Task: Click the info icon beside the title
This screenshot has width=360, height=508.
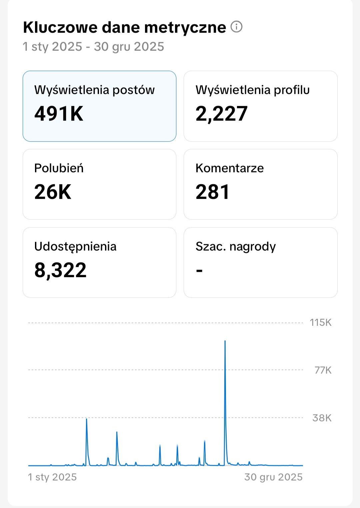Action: coord(236,27)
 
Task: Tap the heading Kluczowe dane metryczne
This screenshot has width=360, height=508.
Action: coord(124,27)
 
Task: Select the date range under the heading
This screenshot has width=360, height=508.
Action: coord(93,47)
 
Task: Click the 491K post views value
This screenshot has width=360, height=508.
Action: coord(59,114)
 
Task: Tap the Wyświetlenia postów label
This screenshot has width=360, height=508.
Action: coord(94,90)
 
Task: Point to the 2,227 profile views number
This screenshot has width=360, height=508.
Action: coord(221,114)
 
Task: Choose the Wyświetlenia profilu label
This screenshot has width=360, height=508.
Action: coord(252,90)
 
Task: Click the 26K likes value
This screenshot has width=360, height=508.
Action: coord(53,192)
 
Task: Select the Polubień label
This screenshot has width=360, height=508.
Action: coord(59,168)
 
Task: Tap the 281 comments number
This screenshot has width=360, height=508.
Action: coord(212,192)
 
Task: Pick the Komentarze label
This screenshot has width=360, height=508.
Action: coord(229,168)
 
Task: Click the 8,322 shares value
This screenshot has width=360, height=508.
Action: coord(60,270)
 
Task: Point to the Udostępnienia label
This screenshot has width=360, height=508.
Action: coord(75,247)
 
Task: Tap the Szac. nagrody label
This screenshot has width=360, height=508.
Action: coord(235,247)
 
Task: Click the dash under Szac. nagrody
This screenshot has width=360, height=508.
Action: coord(199,270)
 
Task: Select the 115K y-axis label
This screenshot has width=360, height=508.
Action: coord(320,322)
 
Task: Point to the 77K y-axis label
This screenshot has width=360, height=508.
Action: coord(323,370)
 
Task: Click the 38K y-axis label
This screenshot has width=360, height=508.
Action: coord(322,418)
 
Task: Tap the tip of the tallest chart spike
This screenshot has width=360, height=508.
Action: coord(225,341)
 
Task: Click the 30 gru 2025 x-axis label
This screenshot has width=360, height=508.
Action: coord(273,477)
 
